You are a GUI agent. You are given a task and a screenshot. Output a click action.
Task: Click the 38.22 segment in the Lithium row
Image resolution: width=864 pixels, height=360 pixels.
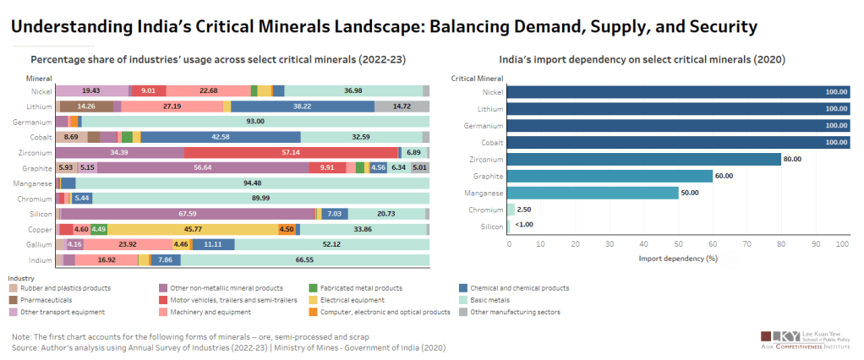pyautogui.click(x=302, y=106)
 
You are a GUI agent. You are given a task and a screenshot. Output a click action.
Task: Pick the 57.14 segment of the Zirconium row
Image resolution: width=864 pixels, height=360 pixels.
pyautogui.click(x=291, y=152)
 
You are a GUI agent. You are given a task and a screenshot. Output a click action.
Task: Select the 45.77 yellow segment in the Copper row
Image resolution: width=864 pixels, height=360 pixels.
pyautogui.click(x=192, y=229)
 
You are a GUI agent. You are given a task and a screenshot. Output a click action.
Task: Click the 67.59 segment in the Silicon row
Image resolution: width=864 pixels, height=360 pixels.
pyautogui.click(x=188, y=214)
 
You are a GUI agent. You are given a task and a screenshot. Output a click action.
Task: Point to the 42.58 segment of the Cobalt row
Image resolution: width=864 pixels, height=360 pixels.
pyautogui.click(x=221, y=137)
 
